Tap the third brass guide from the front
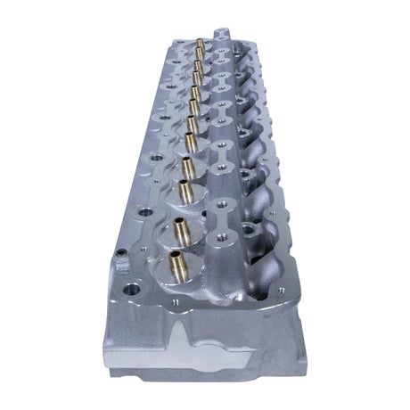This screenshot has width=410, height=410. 184,189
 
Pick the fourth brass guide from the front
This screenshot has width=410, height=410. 187,165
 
